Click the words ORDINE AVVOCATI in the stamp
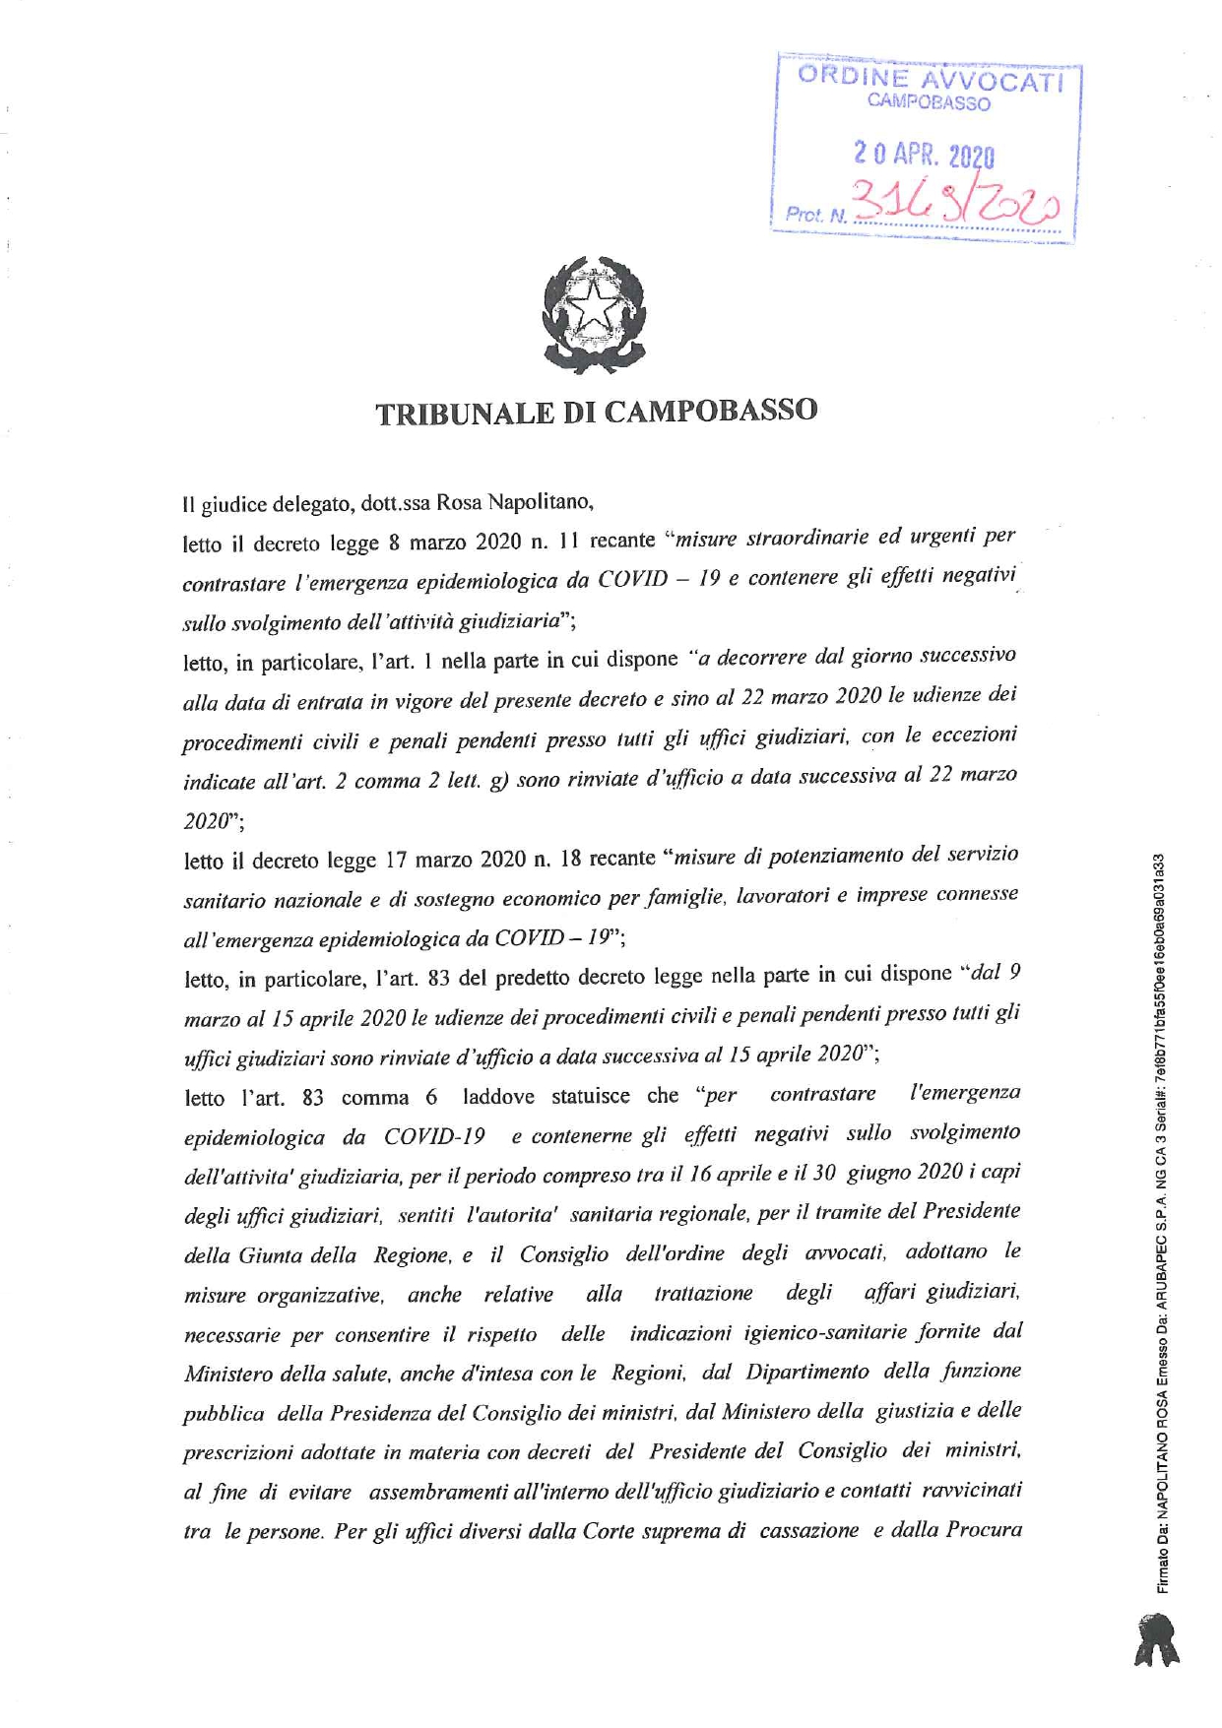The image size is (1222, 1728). [x=930, y=79]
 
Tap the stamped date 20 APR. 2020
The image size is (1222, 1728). [x=923, y=154]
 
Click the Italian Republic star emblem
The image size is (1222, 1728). [x=594, y=312]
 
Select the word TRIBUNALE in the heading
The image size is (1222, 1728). [x=462, y=412]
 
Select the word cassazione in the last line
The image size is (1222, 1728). [x=808, y=1531]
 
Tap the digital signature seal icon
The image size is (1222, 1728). [x=1157, y=1638]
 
